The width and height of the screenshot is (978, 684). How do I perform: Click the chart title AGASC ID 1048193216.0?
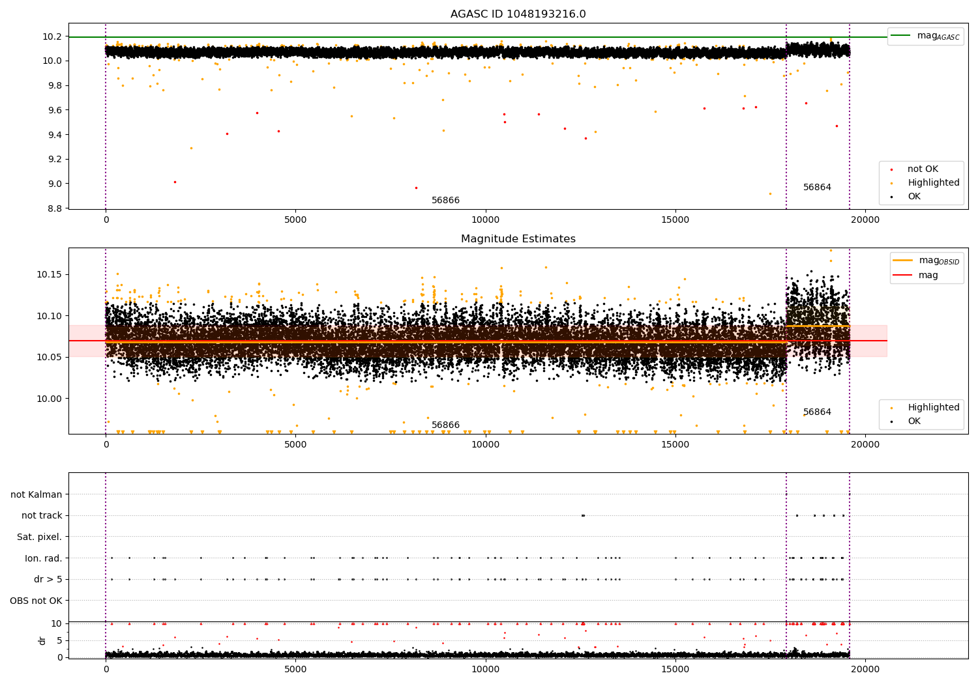click(x=518, y=14)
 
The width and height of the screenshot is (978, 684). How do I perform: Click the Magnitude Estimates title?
click(x=518, y=239)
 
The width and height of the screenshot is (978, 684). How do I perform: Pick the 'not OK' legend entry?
click(x=923, y=169)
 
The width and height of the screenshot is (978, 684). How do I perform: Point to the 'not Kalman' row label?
click(x=37, y=494)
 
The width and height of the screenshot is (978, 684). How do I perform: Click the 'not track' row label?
click(x=42, y=515)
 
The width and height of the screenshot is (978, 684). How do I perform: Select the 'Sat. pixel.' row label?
click(x=40, y=537)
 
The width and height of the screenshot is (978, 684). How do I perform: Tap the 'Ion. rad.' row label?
click(x=43, y=558)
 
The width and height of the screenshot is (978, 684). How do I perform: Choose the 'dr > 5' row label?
click(x=48, y=579)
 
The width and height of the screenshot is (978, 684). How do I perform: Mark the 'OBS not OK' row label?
click(x=37, y=601)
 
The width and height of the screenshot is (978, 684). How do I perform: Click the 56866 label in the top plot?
click(x=445, y=201)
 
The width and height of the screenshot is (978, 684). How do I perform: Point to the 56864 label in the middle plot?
click(x=817, y=412)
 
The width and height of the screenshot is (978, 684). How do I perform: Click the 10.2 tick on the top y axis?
click(x=52, y=36)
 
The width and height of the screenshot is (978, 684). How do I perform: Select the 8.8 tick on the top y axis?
click(x=55, y=208)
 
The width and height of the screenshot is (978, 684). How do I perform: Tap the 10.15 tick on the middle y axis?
click(x=50, y=274)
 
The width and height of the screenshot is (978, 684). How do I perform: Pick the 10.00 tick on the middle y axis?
click(x=50, y=399)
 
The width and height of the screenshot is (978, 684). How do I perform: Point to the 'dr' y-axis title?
click(x=42, y=640)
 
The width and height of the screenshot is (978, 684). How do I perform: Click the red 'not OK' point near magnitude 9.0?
click(x=175, y=182)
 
